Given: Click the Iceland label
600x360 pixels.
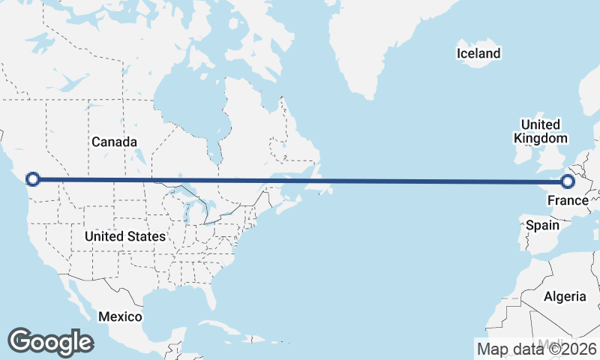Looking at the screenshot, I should [478, 53].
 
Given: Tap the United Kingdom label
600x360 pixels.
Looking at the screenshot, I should [540, 131].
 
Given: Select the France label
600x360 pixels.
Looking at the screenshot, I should [568, 200].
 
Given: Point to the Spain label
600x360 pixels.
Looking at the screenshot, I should [542, 225].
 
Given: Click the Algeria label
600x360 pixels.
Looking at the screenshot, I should [565, 296].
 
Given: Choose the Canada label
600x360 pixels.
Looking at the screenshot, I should [114, 142].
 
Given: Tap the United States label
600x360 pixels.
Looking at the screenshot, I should [124, 236].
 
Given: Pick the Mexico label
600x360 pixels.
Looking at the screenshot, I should [119, 316].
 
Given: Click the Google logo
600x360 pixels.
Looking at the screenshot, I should [50, 342].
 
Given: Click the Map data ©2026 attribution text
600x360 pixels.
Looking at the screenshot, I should [536, 349].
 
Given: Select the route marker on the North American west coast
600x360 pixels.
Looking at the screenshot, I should [32, 178].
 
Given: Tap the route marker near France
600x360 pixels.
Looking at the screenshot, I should [568, 181].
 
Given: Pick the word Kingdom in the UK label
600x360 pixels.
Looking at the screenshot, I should [540, 138].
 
